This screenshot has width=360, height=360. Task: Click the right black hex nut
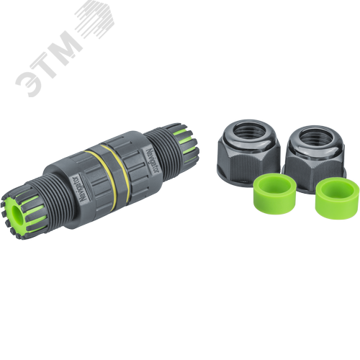tap(315, 156)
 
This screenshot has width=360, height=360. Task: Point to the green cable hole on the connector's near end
tap(17, 213)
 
